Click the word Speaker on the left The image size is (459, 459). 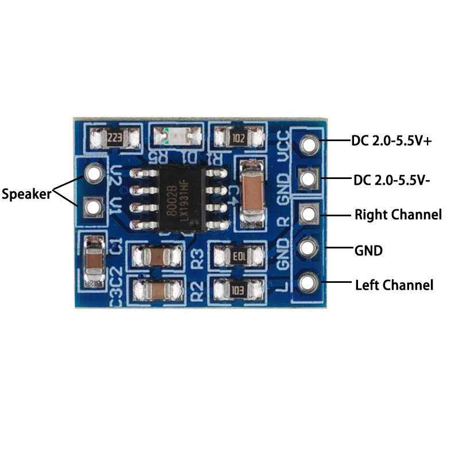pos(26,193)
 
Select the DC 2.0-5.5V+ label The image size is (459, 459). pos(392,140)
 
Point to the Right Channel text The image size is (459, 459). pos(398,215)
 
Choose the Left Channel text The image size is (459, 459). pos(394,285)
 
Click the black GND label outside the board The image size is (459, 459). pos(369,251)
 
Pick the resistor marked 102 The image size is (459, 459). pos(238,138)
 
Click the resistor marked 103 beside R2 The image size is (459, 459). pos(238,290)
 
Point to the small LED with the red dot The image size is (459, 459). pos(177,137)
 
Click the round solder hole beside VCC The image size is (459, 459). pos(309,143)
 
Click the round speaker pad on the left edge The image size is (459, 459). pos(94,172)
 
